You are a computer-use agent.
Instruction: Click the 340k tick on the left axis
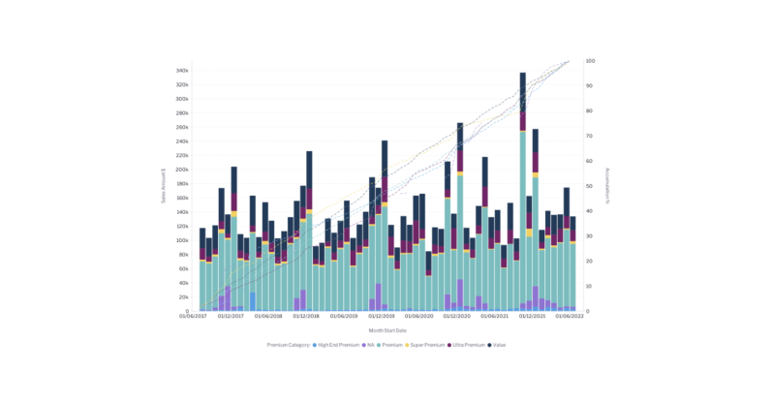pos(181,71)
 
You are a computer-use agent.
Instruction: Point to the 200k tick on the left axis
pos(181,170)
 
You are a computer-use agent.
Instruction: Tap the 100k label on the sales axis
pos(181,240)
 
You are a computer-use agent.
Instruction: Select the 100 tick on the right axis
pos(591,61)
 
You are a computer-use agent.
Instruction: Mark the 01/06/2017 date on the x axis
pos(193,317)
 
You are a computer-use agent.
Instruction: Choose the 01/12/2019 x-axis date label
pos(382,317)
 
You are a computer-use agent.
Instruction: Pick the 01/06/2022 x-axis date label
pos(570,317)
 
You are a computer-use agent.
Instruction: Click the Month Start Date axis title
pos(386,329)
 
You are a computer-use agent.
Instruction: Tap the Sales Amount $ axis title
pos(164,185)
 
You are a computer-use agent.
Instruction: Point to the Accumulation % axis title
pos(608,185)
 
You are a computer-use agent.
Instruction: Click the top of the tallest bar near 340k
pos(523,74)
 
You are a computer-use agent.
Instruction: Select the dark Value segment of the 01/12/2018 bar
pos(309,170)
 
